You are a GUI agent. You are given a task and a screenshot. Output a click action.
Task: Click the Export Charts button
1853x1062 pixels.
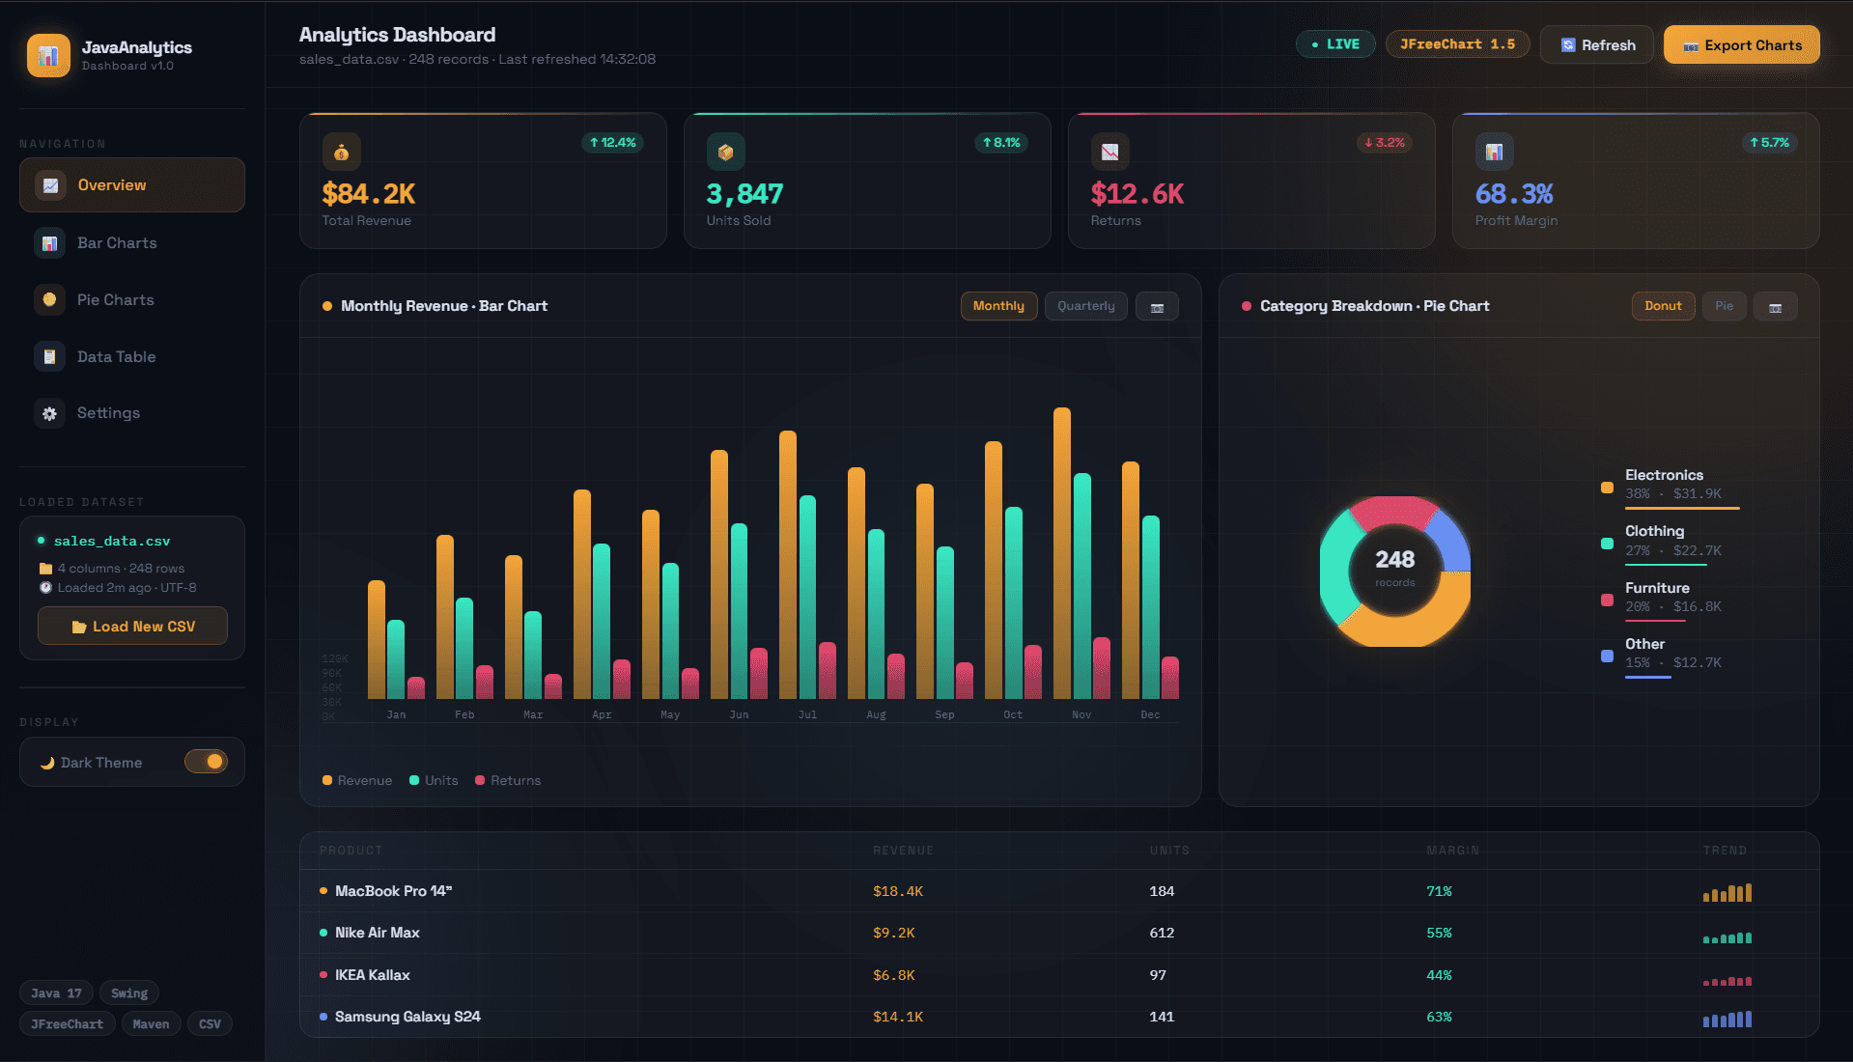[x=1741, y=45]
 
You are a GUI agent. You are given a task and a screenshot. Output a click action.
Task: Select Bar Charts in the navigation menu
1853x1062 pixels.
[x=117, y=243]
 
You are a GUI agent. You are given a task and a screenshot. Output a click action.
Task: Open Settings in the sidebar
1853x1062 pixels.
[x=108, y=413]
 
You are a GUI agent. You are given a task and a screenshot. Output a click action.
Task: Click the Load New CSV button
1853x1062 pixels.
[x=132, y=627]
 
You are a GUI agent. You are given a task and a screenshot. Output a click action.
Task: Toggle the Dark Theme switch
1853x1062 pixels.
[x=206, y=762]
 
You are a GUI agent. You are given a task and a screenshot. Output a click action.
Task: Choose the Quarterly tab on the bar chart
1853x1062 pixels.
[x=1085, y=306]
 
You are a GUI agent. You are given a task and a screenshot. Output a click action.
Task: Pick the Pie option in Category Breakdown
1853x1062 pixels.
[x=1724, y=306]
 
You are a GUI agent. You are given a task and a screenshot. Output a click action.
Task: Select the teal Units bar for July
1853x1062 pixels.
[x=807, y=599]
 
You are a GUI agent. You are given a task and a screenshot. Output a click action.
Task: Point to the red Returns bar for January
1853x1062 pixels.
[x=416, y=687]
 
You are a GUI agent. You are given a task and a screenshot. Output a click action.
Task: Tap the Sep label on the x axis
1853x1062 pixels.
[x=944, y=715]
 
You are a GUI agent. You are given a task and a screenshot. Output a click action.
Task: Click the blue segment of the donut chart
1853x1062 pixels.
[x=1449, y=540]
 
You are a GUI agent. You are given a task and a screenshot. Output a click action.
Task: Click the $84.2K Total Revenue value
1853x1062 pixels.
[x=369, y=194]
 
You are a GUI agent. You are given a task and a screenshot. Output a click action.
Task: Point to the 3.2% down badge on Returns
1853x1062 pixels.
[x=1384, y=143]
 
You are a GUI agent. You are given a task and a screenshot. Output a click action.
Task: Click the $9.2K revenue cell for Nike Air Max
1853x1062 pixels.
[x=893, y=934]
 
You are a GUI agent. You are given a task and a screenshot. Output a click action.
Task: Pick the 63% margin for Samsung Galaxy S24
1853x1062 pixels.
[x=1439, y=1017]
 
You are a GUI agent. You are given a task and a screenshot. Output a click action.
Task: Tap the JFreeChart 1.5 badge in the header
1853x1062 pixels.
[x=1456, y=44]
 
